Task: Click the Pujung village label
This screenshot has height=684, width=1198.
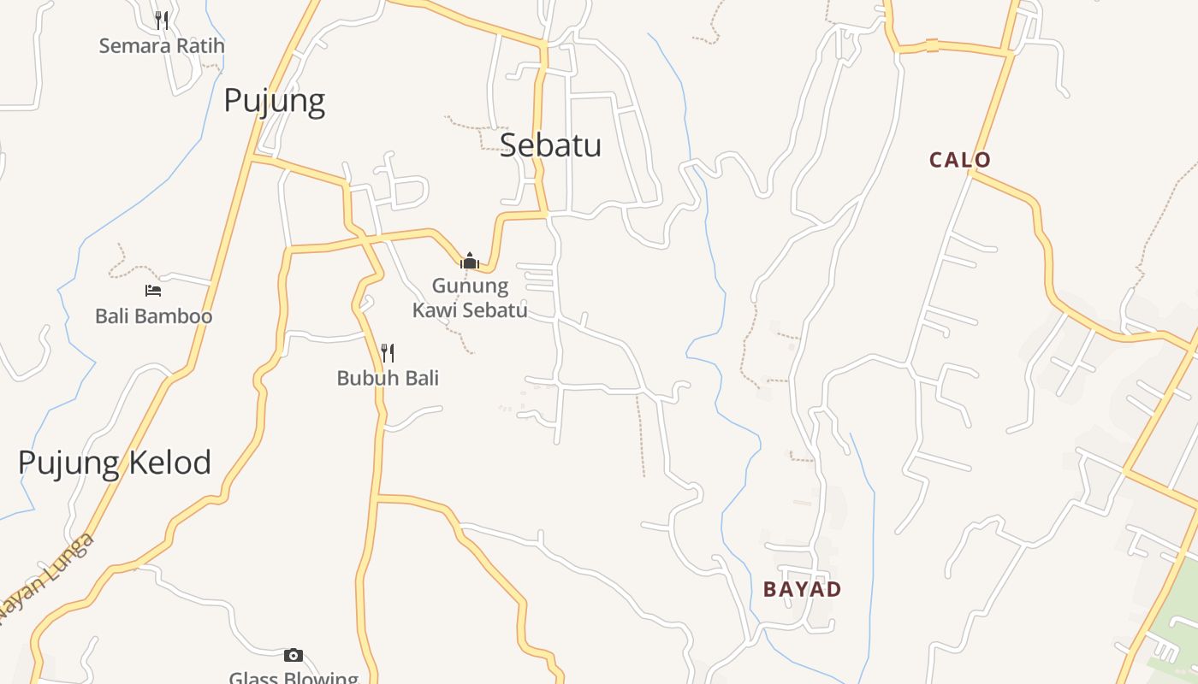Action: tap(274, 101)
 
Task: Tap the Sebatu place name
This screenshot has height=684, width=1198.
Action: tap(550, 144)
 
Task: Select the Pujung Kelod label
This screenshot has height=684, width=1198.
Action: tap(115, 463)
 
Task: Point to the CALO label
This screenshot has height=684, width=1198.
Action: tap(960, 160)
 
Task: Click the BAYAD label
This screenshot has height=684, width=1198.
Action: tap(802, 589)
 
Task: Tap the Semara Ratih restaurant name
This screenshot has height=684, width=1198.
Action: tap(161, 45)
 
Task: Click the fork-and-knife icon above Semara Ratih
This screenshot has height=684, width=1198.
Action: tap(161, 20)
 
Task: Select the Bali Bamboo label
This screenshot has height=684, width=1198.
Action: tap(153, 316)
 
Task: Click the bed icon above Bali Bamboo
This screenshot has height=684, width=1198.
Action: tap(153, 291)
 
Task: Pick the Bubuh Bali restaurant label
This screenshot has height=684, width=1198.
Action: tap(388, 378)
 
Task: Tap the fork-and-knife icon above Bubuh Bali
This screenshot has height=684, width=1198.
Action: tap(388, 352)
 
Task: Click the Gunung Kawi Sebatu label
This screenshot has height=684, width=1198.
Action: tap(470, 298)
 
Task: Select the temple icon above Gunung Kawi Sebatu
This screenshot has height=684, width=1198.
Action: tap(470, 261)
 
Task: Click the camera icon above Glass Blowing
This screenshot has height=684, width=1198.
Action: tap(294, 655)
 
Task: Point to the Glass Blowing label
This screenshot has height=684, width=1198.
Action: tap(294, 678)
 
